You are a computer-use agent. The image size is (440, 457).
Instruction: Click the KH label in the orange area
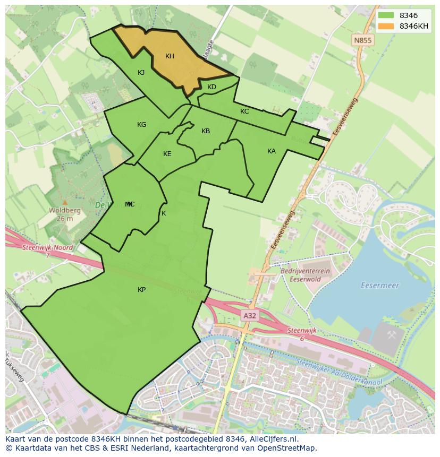[170, 56]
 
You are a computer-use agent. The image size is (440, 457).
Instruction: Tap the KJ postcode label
[141, 73]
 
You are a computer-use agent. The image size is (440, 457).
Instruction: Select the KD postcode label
[211, 87]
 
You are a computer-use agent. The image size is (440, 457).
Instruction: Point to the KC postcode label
[244, 111]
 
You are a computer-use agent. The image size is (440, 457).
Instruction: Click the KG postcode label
[141, 125]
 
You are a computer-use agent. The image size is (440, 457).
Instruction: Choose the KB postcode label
[206, 131]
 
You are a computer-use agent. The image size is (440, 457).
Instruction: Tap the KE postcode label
[167, 154]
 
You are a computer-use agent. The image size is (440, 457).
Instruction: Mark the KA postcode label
[272, 151]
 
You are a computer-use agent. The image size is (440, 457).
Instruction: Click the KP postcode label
[141, 290]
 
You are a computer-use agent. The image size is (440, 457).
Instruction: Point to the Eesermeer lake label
[379, 286]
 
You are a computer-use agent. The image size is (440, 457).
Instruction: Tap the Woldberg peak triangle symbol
[65, 202]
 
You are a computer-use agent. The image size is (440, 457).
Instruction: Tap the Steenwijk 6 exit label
[302, 333]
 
